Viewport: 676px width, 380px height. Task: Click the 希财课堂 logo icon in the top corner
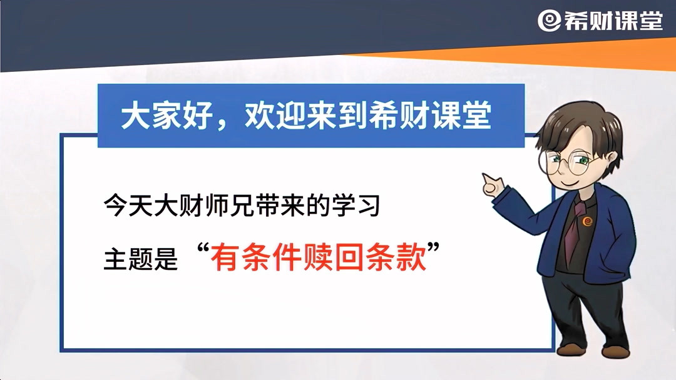point(549,21)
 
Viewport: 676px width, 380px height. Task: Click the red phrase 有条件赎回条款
point(319,257)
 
